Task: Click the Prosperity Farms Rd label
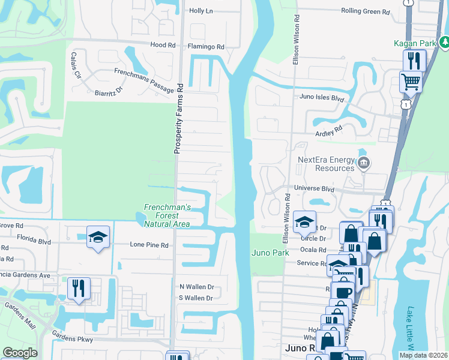point(178,119)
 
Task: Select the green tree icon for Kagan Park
point(445,42)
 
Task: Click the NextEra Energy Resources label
point(326,164)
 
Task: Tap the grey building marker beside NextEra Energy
point(363,163)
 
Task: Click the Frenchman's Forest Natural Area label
point(167,216)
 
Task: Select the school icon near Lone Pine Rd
point(98,237)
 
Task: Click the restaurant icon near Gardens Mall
point(79,289)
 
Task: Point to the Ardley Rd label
point(328,130)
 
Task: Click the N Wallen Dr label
point(196,287)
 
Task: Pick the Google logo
point(20,353)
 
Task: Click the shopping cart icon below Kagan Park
point(411,82)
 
